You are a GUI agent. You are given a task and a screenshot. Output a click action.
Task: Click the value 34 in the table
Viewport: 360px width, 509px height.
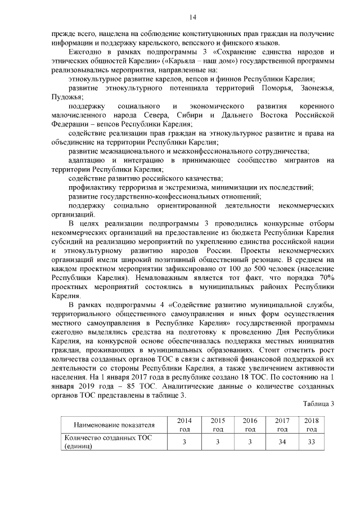click(282, 442)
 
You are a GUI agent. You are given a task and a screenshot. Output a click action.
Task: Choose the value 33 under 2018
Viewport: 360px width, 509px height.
click(311, 442)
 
